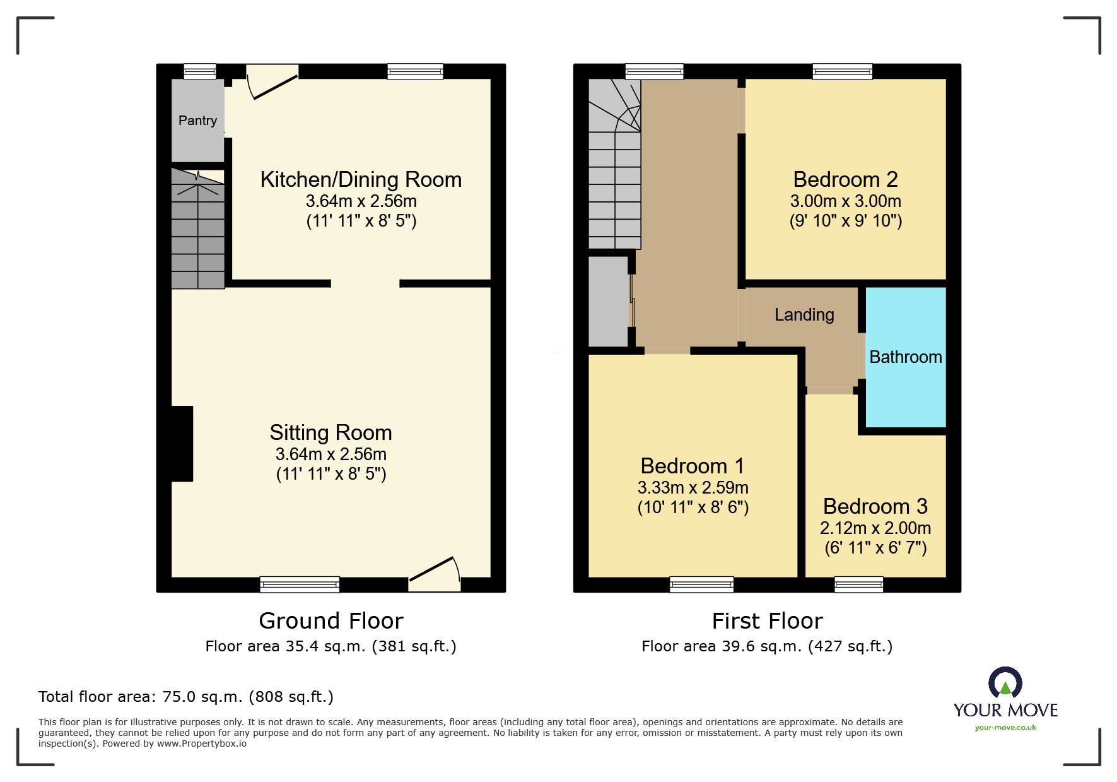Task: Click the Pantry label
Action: (x=197, y=121)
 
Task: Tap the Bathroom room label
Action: (x=905, y=357)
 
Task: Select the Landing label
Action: (x=804, y=315)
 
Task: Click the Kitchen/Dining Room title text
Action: (x=361, y=180)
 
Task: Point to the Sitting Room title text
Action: (x=330, y=433)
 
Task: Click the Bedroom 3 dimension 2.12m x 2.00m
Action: (x=875, y=528)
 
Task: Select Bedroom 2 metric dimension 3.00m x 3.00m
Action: (x=845, y=201)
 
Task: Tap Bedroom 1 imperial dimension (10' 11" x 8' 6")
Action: (x=693, y=507)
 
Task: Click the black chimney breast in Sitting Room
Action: (x=182, y=444)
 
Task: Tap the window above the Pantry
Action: (x=200, y=72)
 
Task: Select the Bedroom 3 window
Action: (x=858, y=585)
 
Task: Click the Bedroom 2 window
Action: (x=842, y=72)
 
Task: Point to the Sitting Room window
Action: (x=300, y=585)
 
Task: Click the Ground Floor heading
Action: (x=330, y=621)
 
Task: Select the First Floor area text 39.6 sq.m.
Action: (x=766, y=646)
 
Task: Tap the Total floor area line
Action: (x=185, y=697)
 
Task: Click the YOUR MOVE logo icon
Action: (x=1005, y=683)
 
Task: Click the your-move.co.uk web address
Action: (x=1005, y=728)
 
